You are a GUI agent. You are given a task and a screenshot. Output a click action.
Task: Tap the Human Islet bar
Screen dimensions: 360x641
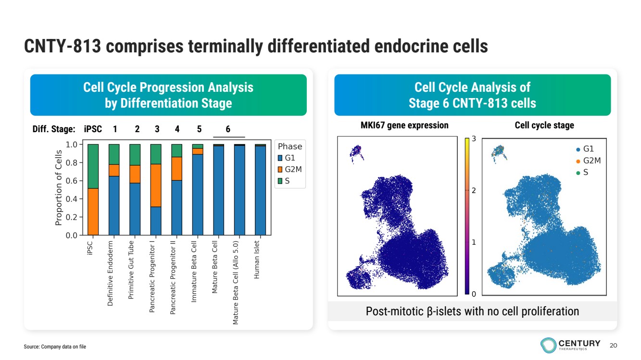coord(260,190)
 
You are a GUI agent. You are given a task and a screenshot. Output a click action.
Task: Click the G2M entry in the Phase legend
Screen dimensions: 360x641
coord(293,169)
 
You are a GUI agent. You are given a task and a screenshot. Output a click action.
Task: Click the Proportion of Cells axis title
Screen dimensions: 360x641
coord(59,188)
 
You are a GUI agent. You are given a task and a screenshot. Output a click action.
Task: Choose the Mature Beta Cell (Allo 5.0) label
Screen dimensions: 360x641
coord(236,282)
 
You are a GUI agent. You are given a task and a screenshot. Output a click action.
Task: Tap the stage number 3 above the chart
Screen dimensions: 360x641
coord(157,129)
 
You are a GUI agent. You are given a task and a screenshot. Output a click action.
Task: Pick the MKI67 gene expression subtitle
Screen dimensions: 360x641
coord(404,125)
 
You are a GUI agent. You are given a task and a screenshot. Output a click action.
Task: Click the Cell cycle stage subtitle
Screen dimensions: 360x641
coord(544,125)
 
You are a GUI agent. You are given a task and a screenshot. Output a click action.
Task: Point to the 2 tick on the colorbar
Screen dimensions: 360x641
coord(474,191)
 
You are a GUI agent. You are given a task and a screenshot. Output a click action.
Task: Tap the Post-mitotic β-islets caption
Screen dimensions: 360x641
coord(472,311)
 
